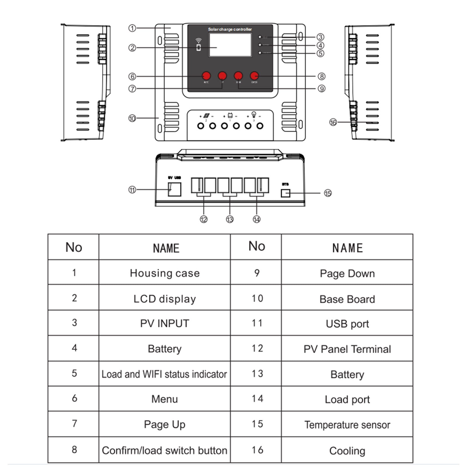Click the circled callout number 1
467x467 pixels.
132,28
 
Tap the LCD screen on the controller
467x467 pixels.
230,45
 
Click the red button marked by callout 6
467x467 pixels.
206,76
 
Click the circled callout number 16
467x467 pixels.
333,122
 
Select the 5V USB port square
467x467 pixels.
175,189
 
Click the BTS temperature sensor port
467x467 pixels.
285,193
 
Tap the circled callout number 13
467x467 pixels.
230,219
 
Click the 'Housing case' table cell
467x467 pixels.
165,273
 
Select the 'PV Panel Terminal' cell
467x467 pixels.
347,349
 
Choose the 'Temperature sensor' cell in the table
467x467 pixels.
347,425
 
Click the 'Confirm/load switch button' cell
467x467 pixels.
165,450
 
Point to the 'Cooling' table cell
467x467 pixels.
347,451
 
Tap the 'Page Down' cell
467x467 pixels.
347,273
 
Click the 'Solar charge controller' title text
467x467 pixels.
230,29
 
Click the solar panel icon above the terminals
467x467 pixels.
206,116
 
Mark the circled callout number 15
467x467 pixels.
328,193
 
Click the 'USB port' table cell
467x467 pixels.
347,324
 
